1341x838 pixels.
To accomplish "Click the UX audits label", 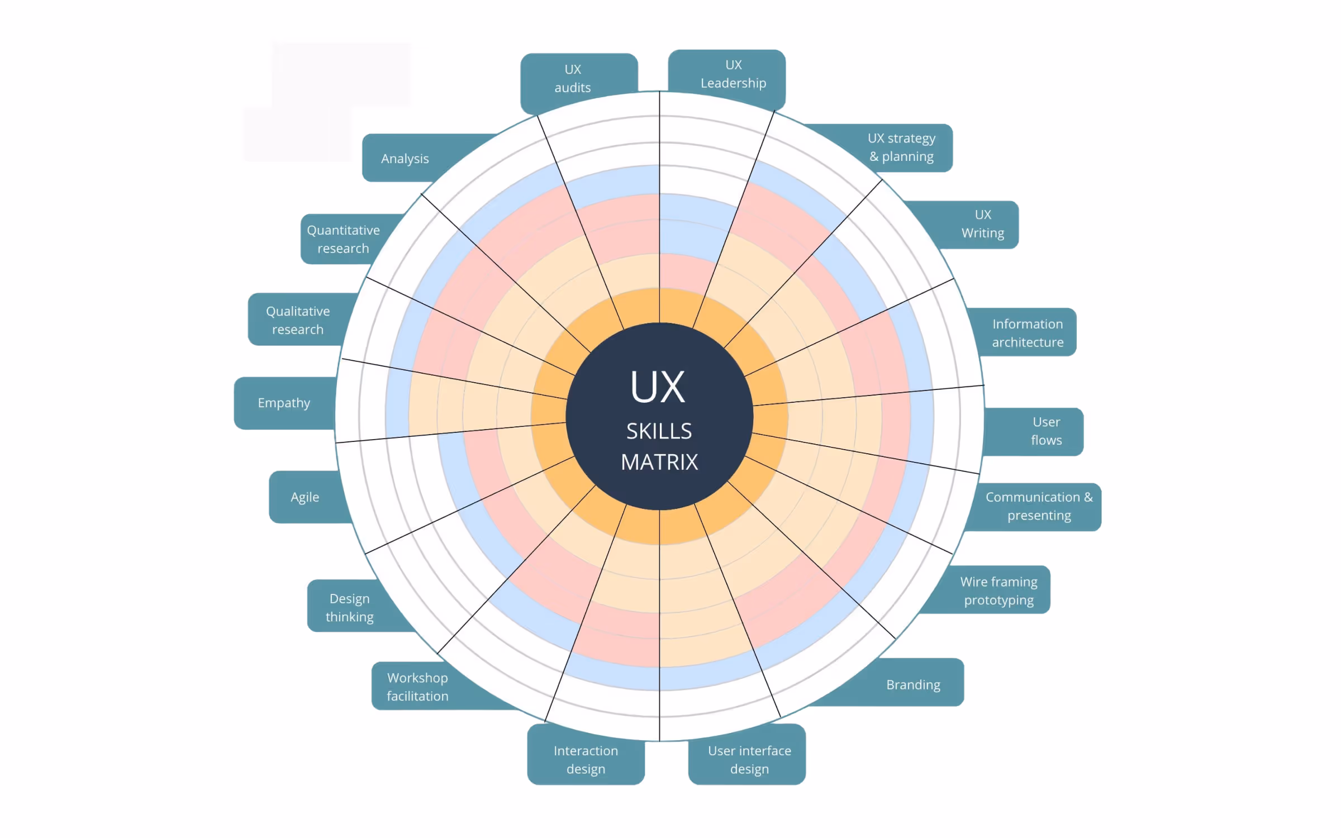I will pyautogui.click(x=573, y=79).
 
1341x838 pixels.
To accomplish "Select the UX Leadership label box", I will pyautogui.click(x=733, y=74).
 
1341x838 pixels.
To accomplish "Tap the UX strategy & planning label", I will pyautogui.click(x=901, y=147).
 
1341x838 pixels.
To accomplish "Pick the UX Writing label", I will pyautogui.click(x=982, y=224).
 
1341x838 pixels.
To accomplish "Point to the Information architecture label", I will pyautogui.click(x=1027, y=333).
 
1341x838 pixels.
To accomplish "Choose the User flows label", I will pyautogui.click(x=1046, y=431).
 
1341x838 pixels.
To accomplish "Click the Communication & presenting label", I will pyautogui.click(x=1039, y=506).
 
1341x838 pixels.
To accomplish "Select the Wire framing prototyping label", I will pyautogui.click(x=998, y=591).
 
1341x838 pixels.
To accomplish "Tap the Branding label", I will pyautogui.click(x=913, y=684).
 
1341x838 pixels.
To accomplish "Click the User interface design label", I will pyautogui.click(x=749, y=759).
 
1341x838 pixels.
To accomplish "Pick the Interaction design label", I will pyautogui.click(x=586, y=759).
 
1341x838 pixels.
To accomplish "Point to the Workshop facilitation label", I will pyautogui.click(x=417, y=687).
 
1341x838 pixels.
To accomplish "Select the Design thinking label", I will pyautogui.click(x=350, y=607).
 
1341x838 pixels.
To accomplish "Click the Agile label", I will pyautogui.click(x=305, y=497).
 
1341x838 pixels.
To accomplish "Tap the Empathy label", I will pyautogui.click(x=284, y=403).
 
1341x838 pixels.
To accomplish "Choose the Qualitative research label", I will pyautogui.click(x=298, y=320).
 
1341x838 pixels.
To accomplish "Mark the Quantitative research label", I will pyautogui.click(x=343, y=239).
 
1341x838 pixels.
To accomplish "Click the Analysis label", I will pyautogui.click(x=405, y=159).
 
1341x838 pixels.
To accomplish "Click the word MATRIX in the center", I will pyautogui.click(x=659, y=462).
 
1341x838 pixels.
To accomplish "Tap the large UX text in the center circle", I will pyautogui.click(x=658, y=387).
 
